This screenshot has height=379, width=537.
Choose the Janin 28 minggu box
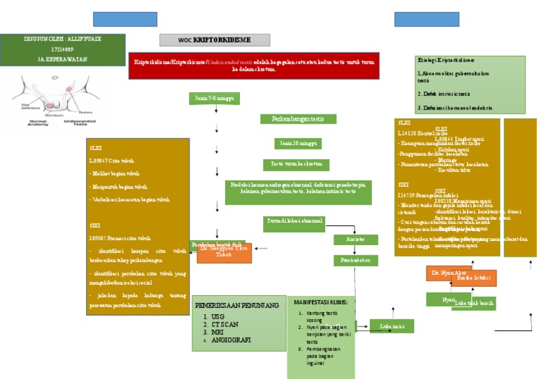(x=297, y=143)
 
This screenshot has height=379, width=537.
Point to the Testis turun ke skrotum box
(x=297, y=164)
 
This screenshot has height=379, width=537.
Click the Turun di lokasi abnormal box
(x=294, y=221)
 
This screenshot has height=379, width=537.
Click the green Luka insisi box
(x=391, y=326)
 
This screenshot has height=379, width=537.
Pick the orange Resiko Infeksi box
(x=472, y=278)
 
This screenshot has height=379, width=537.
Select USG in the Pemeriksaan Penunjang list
(x=219, y=317)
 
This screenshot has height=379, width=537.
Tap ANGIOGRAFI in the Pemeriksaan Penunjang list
(x=231, y=340)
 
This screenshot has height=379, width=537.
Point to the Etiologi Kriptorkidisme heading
(x=445, y=61)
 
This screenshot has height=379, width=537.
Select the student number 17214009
(x=64, y=50)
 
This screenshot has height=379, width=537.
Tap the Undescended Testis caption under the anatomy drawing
(x=84, y=121)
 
